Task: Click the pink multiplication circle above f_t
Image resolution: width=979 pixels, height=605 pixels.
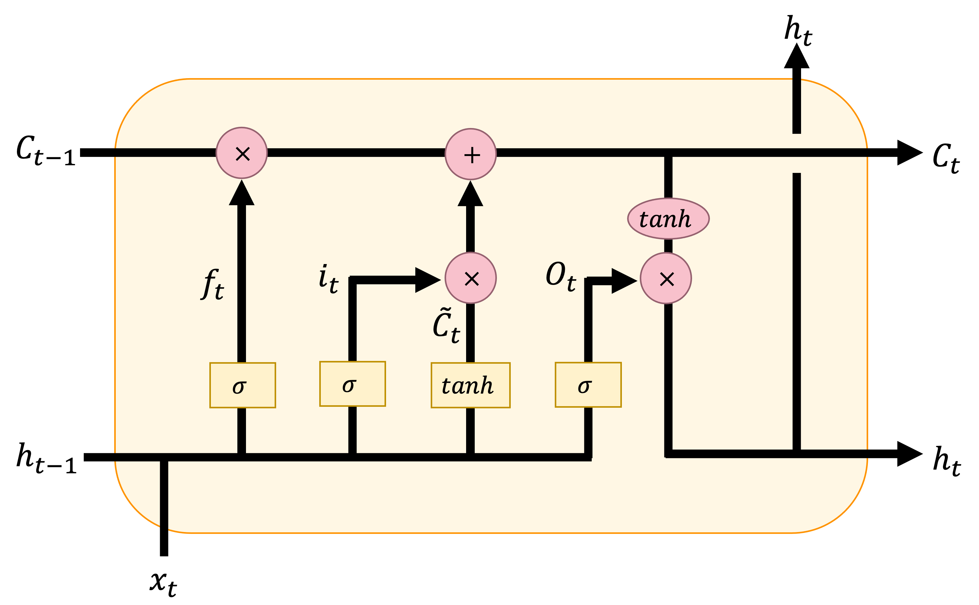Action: [241, 153]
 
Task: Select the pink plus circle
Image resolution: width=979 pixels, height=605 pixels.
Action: [471, 154]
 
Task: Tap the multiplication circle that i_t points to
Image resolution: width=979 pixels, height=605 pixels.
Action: [471, 278]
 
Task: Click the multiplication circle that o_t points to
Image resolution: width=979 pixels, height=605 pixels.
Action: [666, 278]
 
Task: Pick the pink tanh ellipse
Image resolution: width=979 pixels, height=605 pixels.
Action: [668, 219]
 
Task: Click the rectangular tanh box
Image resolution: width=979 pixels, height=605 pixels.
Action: [470, 385]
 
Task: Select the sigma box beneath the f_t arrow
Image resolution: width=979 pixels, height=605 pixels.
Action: [243, 385]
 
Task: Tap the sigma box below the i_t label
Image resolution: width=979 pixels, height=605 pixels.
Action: [352, 384]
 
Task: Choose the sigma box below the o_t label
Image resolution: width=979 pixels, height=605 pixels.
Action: [588, 385]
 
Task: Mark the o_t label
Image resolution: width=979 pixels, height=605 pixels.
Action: [561, 276]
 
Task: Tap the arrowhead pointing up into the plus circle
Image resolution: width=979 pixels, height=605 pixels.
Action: [470, 195]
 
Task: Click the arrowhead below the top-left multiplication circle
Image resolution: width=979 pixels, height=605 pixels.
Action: [241, 194]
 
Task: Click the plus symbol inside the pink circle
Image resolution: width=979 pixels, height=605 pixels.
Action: [472, 155]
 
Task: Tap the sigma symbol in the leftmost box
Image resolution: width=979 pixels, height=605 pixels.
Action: [239, 387]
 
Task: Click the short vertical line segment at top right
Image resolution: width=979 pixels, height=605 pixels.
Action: [796, 106]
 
